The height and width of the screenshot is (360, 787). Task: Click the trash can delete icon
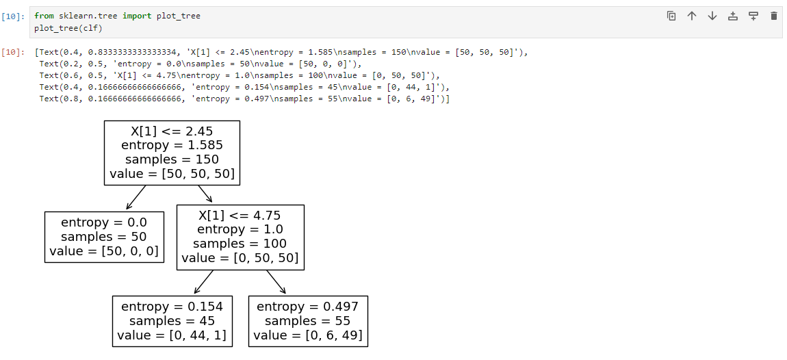click(x=773, y=16)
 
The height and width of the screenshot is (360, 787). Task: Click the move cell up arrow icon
click(x=692, y=16)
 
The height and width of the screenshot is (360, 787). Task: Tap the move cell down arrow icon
click(x=712, y=16)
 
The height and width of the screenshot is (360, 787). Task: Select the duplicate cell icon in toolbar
click(x=671, y=16)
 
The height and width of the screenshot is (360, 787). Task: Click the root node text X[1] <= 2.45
click(x=172, y=131)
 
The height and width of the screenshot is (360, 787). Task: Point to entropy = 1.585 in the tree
click(x=172, y=145)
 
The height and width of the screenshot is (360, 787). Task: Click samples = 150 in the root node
click(x=172, y=159)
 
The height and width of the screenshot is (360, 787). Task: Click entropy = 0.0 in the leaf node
click(x=105, y=222)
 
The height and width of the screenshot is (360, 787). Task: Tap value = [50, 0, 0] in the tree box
click(x=105, y=251)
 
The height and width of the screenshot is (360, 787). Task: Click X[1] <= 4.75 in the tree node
click(x=240, y=216)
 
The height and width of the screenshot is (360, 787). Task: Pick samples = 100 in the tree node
click(x=240, y=244)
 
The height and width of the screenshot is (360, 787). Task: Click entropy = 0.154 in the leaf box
click(x=172, y=307)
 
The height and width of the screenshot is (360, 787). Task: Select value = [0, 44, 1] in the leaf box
click(x=172, y=335)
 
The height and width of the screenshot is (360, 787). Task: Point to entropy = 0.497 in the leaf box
click(x=308, y=307)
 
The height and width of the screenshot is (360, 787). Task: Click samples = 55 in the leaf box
click(x=308, y=321)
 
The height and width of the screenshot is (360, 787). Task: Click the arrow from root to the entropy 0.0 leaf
click(x=136, y=197)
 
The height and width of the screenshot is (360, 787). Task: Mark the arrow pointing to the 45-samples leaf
click(x=203, y=282)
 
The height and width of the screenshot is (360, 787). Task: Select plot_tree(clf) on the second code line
click(x=68, y=28)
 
